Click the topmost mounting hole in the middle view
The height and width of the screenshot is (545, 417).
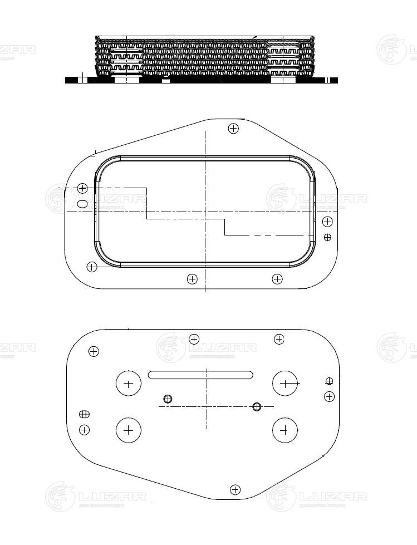click(x=234, y=129)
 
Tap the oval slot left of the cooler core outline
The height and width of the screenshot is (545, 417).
click(x=83, y=204)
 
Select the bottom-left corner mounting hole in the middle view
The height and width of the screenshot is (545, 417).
click(x=92, y=267)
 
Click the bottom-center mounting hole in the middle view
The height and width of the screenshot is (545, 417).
click(x=192, y=279)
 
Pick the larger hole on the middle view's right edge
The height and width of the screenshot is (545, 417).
click(x=327, y=222)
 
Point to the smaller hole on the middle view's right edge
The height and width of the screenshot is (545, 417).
click(x=327, y=237)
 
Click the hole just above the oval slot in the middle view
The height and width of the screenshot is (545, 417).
click(x=82, y=188)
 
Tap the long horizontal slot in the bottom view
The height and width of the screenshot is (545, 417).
click(x=200, y=375)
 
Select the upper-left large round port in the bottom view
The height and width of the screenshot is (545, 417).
click(x=129, y=384)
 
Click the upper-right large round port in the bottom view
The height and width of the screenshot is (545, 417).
click(x=285, y=383)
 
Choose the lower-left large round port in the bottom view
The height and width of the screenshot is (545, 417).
click(x=129, y=430)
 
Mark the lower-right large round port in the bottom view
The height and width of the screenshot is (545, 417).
click(x=285, y=430)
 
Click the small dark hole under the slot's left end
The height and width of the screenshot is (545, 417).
click(x=168, y=399)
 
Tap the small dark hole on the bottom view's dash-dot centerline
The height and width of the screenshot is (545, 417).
click(x=257, y=406)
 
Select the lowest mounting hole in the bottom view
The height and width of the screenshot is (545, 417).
click(x=236, y=490)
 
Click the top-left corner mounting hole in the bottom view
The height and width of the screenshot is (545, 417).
click(x=94, y=351)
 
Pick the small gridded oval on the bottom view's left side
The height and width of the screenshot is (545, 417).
click(x=84, y=414)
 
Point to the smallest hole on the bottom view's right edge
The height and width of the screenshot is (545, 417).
click(x=329, y=381)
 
